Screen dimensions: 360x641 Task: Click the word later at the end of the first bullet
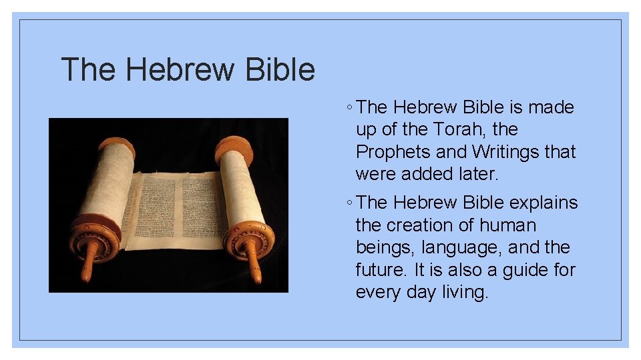click(477, 175)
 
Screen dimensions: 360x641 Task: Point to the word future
click(381, 270)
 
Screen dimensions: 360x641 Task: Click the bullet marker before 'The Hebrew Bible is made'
click(351, 107)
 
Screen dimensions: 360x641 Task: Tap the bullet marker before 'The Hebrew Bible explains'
click(351, 203)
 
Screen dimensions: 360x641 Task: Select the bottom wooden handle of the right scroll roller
click(254, 267)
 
